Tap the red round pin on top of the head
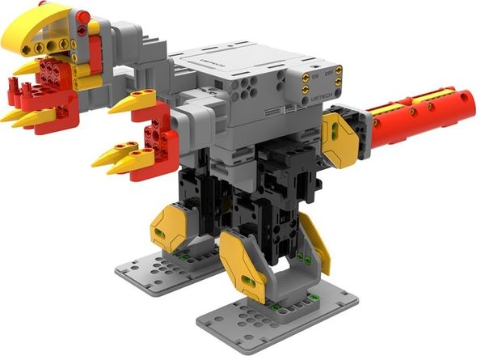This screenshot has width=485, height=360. [82, 16]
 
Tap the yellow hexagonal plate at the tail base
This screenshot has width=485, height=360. [340, 137]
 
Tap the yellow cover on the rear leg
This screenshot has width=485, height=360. [171, 228]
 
